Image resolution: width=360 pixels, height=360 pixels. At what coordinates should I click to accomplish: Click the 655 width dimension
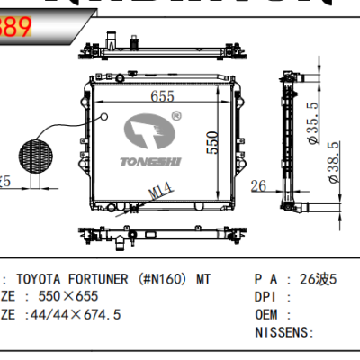162,96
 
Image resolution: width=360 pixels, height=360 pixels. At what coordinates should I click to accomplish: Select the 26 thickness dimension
259,187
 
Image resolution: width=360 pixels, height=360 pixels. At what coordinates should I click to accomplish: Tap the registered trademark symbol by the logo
176,116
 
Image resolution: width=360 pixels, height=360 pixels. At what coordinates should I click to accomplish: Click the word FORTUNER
102,279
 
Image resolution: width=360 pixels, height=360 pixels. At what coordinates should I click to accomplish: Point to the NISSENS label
283,332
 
